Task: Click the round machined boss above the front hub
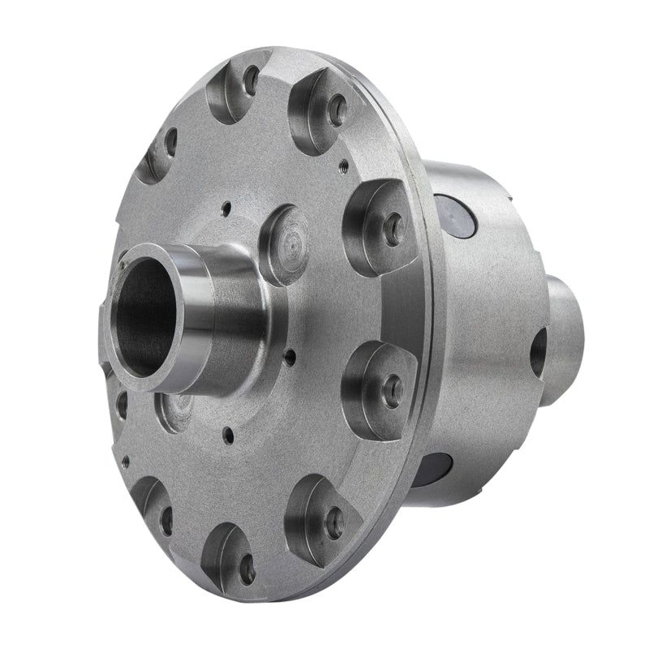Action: pos(286,244)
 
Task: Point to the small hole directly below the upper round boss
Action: pos(290,353)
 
